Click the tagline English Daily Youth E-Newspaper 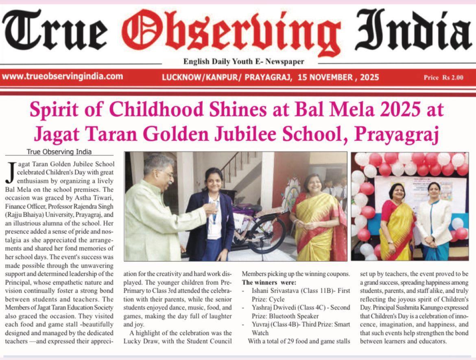[244, 62]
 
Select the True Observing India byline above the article [59, 152]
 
